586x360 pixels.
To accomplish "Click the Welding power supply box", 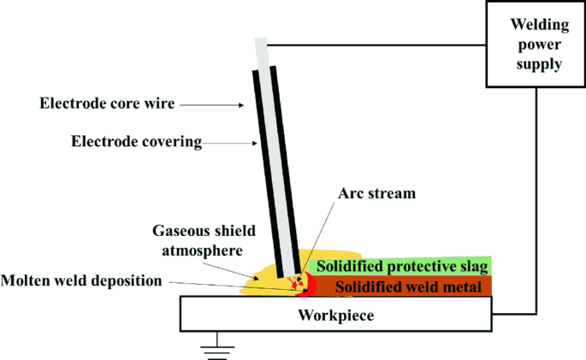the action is (536, 44).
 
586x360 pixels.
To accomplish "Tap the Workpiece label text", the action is (335, 316).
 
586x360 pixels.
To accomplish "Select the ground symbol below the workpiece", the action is (217, 346).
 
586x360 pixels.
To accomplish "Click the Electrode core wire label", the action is (107, 103).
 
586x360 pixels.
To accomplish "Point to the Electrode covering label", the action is (136, 142).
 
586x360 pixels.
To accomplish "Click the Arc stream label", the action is (376, 193).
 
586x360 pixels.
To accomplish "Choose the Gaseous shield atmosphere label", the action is (204, 240).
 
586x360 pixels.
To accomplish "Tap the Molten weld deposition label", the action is (81, 280).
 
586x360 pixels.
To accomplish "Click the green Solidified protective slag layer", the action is (400, 266).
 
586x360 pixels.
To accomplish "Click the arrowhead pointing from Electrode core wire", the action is (241, 105).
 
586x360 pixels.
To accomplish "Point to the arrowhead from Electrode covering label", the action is (255, 143).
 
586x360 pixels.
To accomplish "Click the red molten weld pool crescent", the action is (311, 286).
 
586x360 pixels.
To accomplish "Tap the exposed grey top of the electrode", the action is (262, 53).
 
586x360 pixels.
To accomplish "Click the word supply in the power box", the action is (539, 64).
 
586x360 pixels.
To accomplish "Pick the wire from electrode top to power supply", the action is (376, 45).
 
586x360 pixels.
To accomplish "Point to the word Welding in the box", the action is (540, 25).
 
